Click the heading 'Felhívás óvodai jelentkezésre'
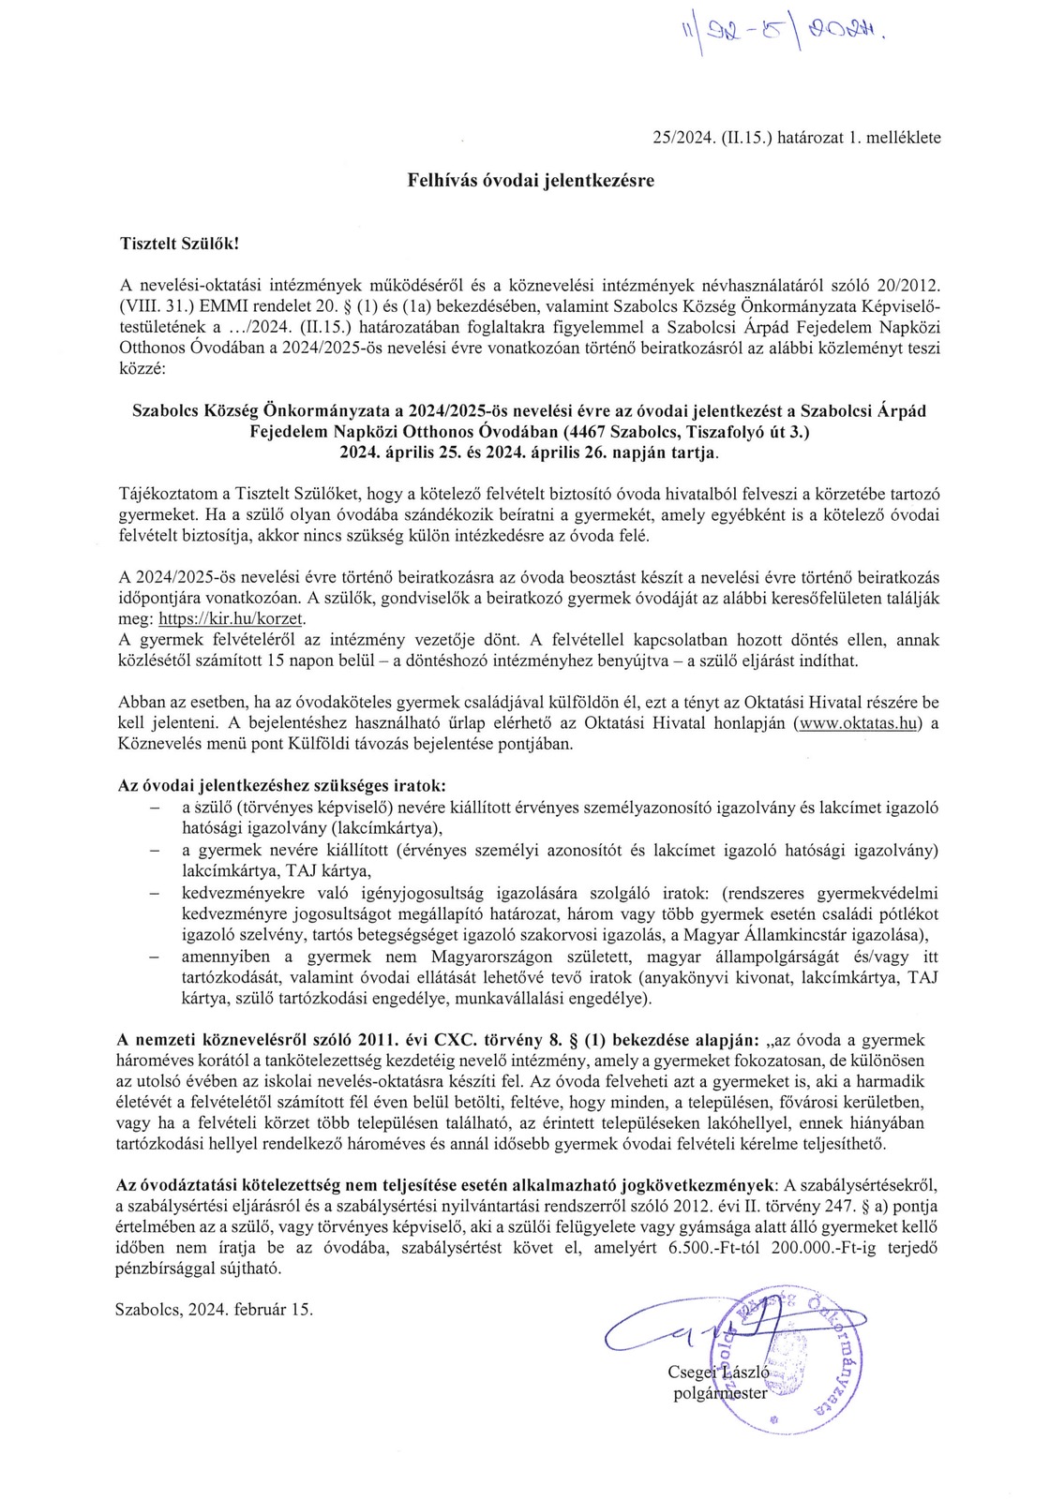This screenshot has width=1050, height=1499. [x=530, y=180]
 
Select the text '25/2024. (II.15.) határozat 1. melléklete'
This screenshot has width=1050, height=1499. [x=796, y=138]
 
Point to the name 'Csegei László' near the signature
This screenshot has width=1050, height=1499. [x=718, y=1372]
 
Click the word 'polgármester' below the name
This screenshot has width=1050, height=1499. [x=720, y=1392]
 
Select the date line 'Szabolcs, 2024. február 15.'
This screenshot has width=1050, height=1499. [x=214, y=1310]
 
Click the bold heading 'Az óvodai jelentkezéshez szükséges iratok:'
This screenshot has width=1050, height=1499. [x=281, y=785]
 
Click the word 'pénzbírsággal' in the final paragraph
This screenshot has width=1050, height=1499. [x=161, y=1269]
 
